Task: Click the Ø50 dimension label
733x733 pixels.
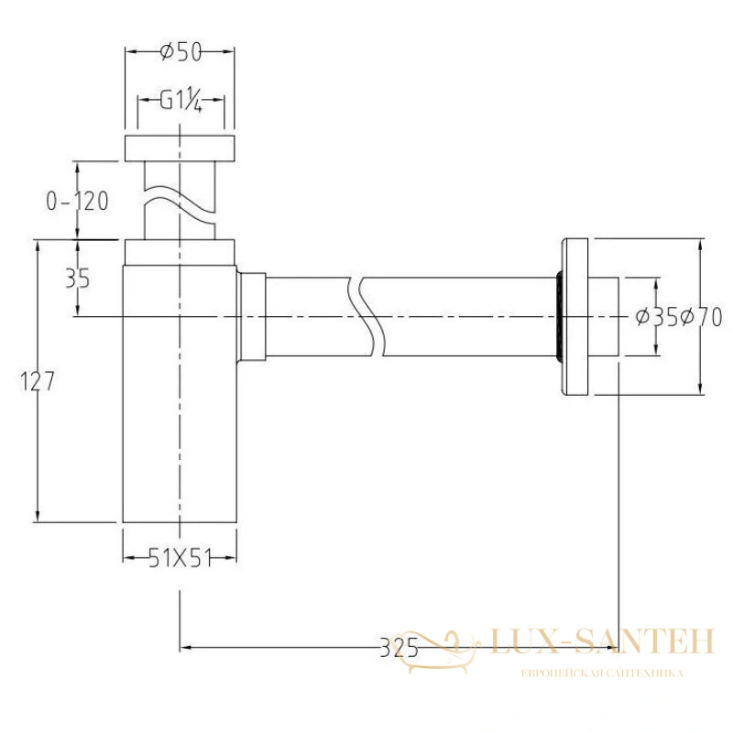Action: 181,51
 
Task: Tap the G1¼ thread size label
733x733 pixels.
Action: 181,101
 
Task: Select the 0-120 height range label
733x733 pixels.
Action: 77,202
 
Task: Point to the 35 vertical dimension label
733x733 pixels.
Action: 78,279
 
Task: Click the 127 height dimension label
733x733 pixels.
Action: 38,381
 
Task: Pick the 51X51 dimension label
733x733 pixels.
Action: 180,558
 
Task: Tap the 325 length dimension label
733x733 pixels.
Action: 399,648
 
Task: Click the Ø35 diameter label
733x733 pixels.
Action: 657,318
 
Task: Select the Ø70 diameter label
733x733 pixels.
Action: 701,318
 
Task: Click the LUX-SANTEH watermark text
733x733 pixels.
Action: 603,640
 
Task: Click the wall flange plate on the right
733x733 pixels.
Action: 574,317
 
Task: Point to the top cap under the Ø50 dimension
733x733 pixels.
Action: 180,148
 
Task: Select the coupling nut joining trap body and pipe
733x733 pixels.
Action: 252,317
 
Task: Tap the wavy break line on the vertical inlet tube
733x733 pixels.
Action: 180,204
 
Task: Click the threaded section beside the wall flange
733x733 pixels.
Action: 559,316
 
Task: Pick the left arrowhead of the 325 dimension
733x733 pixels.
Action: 186,648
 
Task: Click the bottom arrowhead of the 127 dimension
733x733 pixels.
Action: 37,516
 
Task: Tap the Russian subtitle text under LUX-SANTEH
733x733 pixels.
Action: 602,673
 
